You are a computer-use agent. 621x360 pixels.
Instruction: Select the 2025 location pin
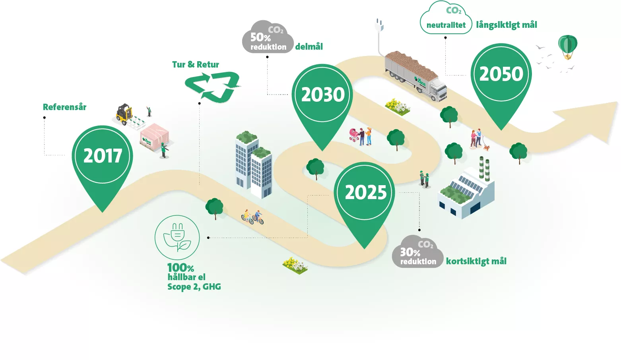tap(365, 197)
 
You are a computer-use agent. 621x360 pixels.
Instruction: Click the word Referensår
tap(64, 107)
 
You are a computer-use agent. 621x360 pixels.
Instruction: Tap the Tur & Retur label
tap(196, 65)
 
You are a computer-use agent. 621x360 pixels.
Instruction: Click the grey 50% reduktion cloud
tap(268, 37)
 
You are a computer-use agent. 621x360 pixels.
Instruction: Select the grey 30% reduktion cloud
tap(417, 252)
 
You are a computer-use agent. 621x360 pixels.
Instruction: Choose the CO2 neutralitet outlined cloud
tap(446, 18)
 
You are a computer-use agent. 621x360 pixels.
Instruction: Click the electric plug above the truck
tap(379, 25)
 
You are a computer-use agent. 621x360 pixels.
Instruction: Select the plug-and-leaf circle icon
tap(177, 238)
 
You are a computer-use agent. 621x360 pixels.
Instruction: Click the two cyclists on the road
tap(252, 217)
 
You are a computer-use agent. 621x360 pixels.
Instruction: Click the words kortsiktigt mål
tap(476, 261)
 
